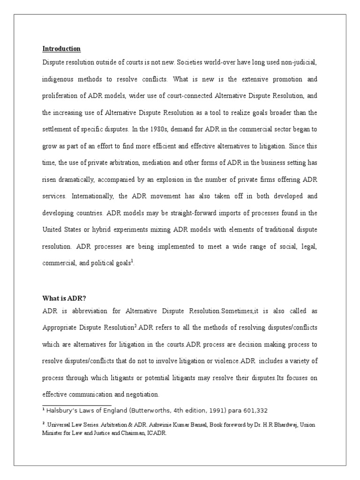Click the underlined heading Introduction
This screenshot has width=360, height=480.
(61, 49)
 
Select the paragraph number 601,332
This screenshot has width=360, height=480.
(253, 411)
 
